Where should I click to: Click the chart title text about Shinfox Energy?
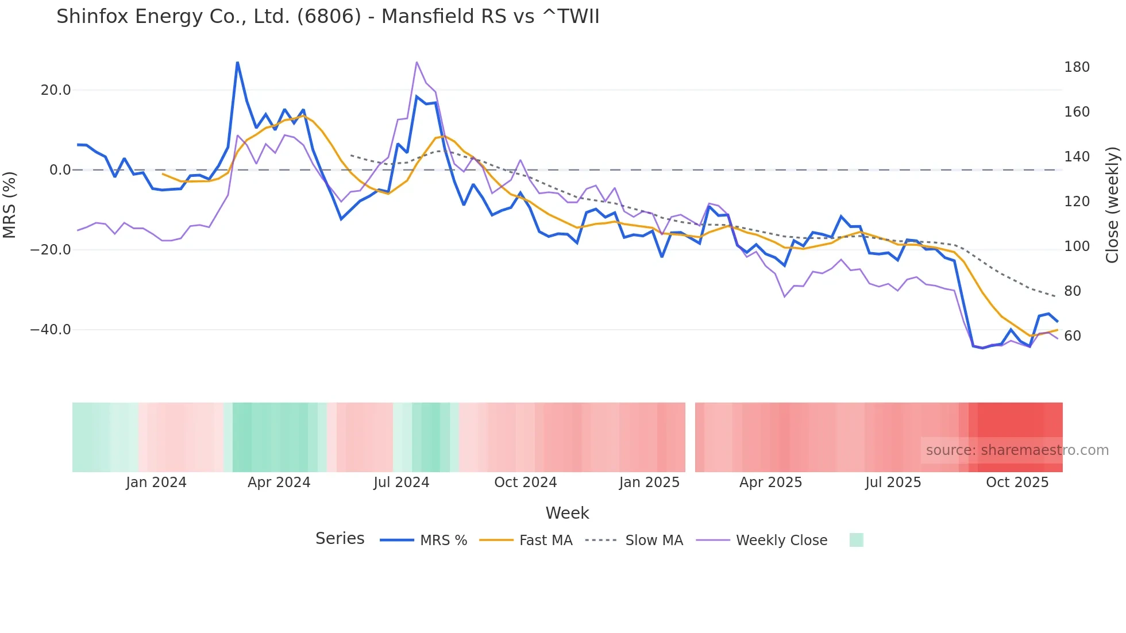tap(327, 17)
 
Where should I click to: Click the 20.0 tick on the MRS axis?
tap(56, 90)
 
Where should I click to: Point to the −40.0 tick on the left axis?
tap(51, 330)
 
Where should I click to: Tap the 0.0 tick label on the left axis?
tap(60, 170)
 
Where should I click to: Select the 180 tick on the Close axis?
tap(1077, 67)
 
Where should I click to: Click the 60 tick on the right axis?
tap(1072, 336)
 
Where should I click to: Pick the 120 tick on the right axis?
tap(1077, 202)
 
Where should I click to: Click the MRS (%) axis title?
tap(10, 204)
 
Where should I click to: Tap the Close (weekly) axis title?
tap(1112, 205)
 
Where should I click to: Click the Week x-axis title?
tap(567, 513)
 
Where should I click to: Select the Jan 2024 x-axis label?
tap(156, 483)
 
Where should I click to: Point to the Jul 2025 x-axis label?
tap(893, 483)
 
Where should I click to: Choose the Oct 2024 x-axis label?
tap(525, 483)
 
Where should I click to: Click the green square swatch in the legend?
tap(856, 541)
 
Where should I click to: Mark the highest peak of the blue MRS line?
tap(237, 62)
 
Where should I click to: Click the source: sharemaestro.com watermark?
tap(1017, 450)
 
